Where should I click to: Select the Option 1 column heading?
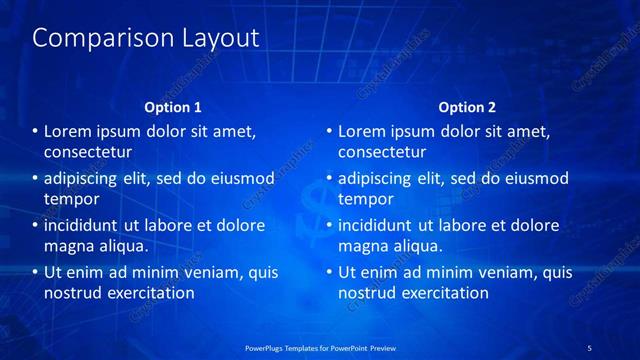point(173,107)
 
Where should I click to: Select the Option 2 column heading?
point(467,107)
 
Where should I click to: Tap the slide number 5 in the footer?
point(589,348)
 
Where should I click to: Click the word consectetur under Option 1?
point(88,153)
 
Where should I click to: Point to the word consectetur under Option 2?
point(382,153)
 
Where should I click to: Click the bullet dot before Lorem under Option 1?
point(36,132)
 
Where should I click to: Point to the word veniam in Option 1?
point(199,272)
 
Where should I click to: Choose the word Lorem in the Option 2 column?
point(362,132)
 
